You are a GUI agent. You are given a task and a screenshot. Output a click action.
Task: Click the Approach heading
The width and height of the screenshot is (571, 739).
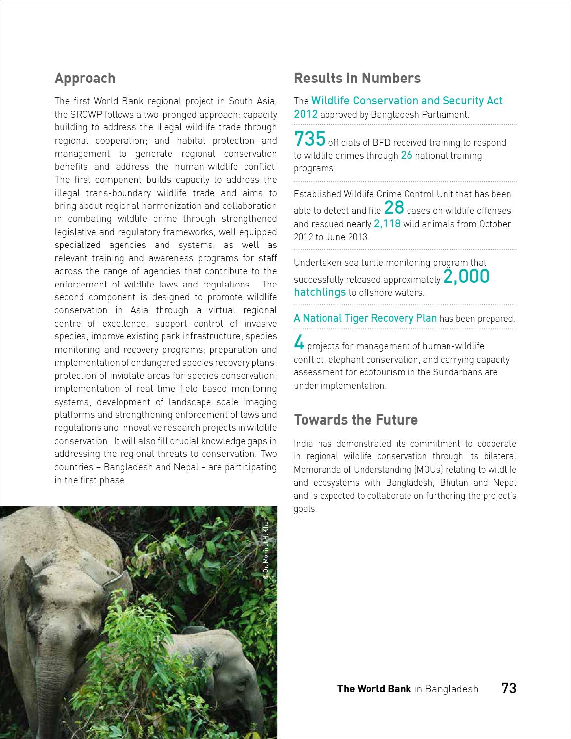point(84,78)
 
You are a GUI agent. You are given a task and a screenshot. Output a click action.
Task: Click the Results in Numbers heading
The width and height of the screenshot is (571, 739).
point(357,78)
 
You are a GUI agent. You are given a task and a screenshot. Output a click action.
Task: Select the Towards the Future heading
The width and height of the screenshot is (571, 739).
point(356,420)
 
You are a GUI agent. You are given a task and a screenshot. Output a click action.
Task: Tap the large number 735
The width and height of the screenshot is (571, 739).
point(310,140)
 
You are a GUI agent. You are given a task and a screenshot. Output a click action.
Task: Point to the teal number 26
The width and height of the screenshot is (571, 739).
point(407,155)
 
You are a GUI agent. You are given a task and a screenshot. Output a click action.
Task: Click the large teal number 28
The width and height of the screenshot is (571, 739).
point(394,207)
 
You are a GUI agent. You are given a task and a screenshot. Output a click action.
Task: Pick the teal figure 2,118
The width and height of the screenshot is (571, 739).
point(387,223)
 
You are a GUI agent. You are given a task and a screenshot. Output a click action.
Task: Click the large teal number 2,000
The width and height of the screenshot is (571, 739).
point(466,277)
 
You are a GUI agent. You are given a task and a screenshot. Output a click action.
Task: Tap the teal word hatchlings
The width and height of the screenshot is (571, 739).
point(320,292)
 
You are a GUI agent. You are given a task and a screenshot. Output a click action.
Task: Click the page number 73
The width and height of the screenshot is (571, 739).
point(508,688)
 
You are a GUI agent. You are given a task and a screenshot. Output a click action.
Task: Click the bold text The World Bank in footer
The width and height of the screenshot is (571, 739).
point(373,689)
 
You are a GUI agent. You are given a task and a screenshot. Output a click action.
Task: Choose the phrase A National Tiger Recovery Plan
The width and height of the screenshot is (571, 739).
point(365,318)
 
